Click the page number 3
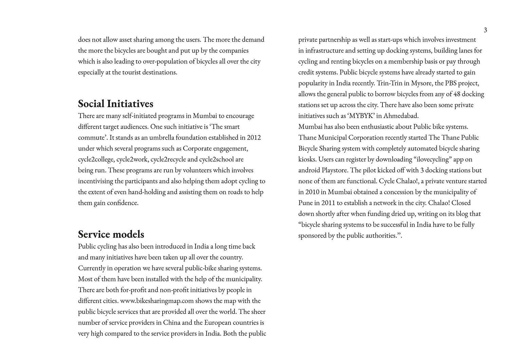click(485, 30)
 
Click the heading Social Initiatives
click(116, 103)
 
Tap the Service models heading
click(111, 234)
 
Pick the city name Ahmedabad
click(401, 116)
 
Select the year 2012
click(254, 137)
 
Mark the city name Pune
click(305, 203)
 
